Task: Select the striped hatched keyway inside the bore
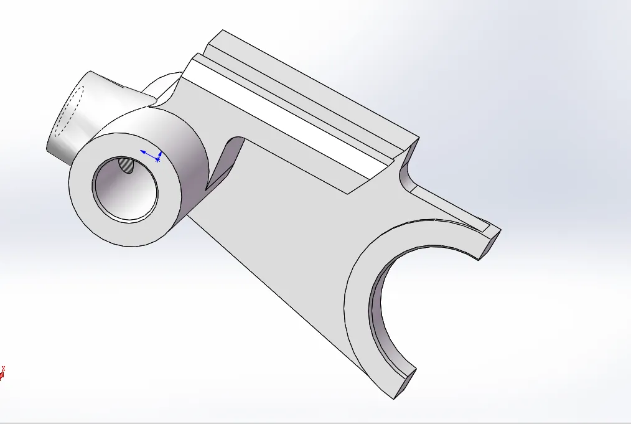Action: click(x=126, y=165)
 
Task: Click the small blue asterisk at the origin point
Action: click(x=157, y=160)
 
